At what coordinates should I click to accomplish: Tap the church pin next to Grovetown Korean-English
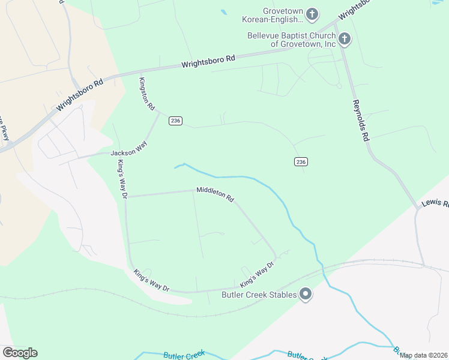click(312, 13)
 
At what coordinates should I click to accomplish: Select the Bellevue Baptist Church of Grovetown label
click(291, 40)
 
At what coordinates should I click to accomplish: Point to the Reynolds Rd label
click(360, 120)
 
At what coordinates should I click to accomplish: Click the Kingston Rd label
click(147, 93)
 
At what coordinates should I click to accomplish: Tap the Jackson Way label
click(129, 153)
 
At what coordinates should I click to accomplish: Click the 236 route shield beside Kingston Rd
click(175, 121)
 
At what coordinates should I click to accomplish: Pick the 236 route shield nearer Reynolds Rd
click(301, 161)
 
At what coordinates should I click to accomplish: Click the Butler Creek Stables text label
click(259, 295)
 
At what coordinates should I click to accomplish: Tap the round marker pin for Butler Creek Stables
click(306, 294)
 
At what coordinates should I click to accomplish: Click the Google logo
click(20, 353)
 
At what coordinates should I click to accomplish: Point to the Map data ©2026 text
click(423, 355)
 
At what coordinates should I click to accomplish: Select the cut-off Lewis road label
click(435, 204)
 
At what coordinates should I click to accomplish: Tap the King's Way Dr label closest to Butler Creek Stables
click(257, 274)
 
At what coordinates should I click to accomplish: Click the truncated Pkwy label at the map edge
click(5, 133)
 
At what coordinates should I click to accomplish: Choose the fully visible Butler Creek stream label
click(184, 355)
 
